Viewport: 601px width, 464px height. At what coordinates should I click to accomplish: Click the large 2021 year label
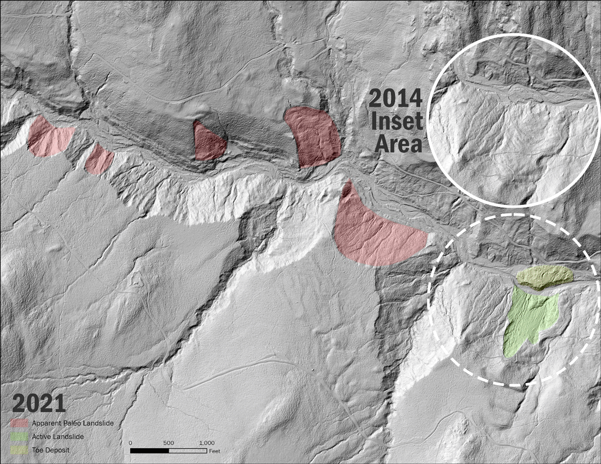[39, 403]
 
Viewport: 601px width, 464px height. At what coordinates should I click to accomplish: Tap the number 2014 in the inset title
[395, 99]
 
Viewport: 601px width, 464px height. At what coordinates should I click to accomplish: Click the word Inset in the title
[397, 121]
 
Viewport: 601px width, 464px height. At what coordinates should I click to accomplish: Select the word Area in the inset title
[399, 143]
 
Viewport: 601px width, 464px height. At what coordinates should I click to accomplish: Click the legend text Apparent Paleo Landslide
[72, 423]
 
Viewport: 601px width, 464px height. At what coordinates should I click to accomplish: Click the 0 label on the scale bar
[130, 442]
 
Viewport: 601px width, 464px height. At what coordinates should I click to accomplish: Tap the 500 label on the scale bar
[168, 442]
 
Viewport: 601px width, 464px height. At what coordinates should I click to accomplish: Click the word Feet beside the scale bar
[214, 451]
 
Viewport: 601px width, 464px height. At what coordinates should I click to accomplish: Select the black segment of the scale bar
[149, 450]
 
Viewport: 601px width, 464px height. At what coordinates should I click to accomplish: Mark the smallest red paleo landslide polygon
[98, 160]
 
